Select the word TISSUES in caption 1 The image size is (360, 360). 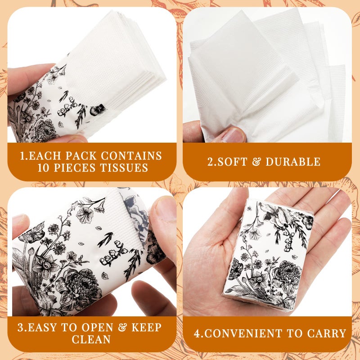tap(126, 168)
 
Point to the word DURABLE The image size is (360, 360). tap(293, 162)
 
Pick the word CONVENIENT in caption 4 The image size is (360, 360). tap(255, 333)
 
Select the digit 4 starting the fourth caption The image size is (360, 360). tap(197, 333)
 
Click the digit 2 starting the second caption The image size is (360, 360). tap(210, 162)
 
